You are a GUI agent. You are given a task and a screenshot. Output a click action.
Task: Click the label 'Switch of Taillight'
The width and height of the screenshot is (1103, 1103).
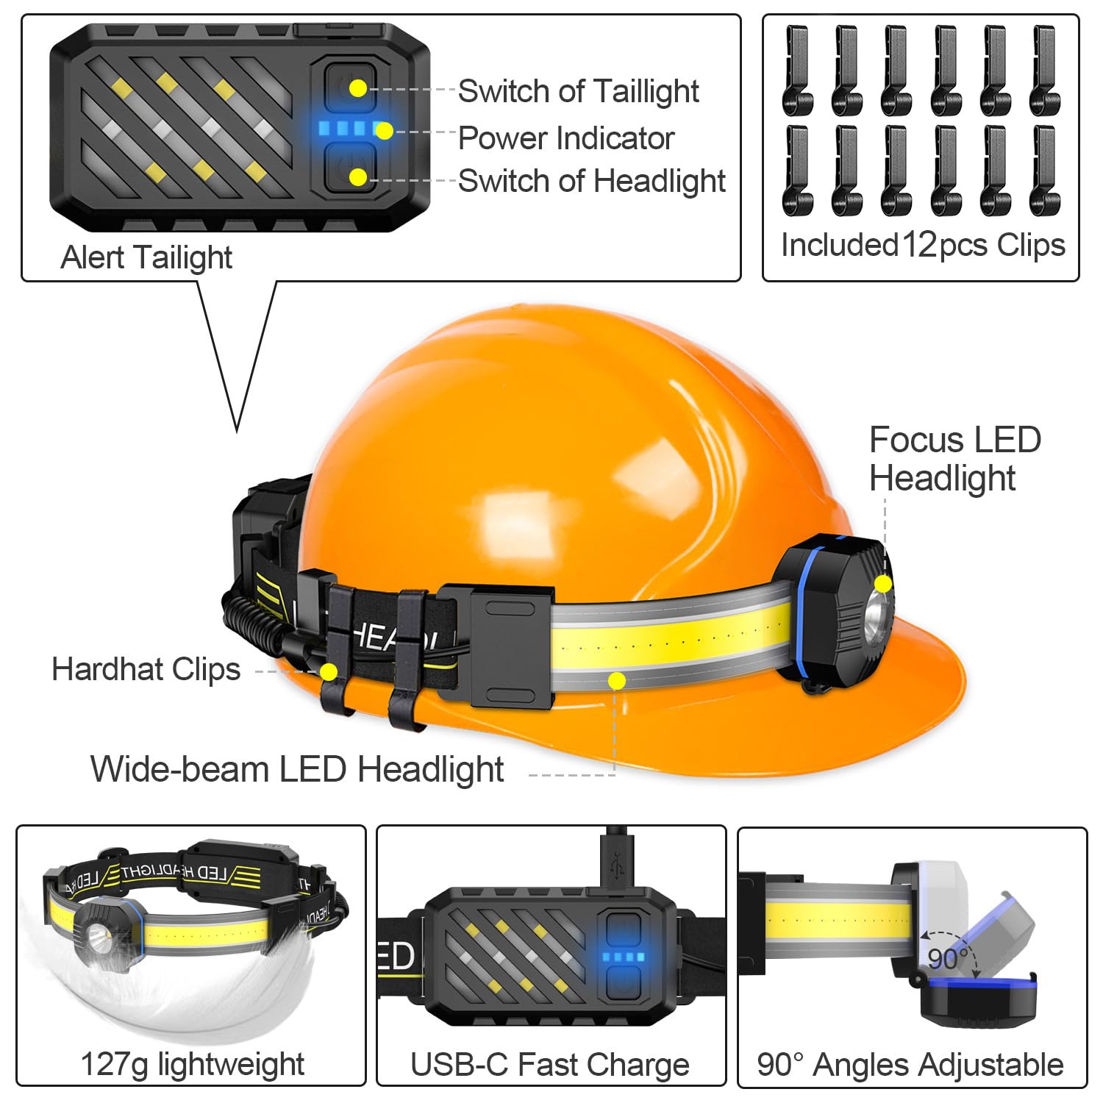[x=578, y=92]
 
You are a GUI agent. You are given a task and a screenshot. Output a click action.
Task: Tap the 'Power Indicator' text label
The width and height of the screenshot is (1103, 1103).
[x=566, y=138]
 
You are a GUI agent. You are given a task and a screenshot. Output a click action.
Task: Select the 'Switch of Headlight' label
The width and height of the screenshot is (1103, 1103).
[x=592, y=181]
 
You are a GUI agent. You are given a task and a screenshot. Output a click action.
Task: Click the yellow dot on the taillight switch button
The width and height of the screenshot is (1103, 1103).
[x=357, y=89]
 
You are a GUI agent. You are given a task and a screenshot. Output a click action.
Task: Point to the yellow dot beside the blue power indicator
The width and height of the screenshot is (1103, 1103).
[x=384, y=132]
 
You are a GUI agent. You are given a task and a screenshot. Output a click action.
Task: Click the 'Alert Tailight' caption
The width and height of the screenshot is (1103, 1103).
[x=146, y=257]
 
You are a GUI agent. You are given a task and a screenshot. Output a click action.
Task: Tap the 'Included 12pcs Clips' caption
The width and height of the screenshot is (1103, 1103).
[x=922, y=245]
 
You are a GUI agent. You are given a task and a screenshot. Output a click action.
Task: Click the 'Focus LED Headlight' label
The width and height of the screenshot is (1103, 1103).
[x=954, y=459]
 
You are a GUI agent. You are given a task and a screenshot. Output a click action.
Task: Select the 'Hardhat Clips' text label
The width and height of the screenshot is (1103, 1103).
[x=146, y=669]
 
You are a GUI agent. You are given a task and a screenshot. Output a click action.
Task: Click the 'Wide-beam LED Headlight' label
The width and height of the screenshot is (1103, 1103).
[x=297, y=769]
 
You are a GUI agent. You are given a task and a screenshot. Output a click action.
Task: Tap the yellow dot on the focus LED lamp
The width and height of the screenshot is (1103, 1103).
[x=883, y=584]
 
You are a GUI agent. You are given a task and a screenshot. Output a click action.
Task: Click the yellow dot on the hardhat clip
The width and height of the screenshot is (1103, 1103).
[x=328, y=671]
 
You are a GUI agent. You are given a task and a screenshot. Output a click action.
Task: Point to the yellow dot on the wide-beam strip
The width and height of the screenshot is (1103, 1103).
[x=617, y=681]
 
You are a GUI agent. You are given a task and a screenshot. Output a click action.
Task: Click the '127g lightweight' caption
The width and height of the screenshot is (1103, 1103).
[x=192, y=1064]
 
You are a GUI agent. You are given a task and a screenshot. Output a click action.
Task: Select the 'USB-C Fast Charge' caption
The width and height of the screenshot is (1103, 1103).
[x=550, y=1065]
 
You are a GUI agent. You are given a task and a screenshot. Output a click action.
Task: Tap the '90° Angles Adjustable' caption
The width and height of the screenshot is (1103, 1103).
[x=910, y=1065]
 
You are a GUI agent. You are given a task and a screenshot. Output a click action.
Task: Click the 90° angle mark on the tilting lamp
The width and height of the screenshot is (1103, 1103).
[x=948, y=958]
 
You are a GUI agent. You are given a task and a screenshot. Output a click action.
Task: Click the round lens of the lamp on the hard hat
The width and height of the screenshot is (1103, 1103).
[x=878, y=612]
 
